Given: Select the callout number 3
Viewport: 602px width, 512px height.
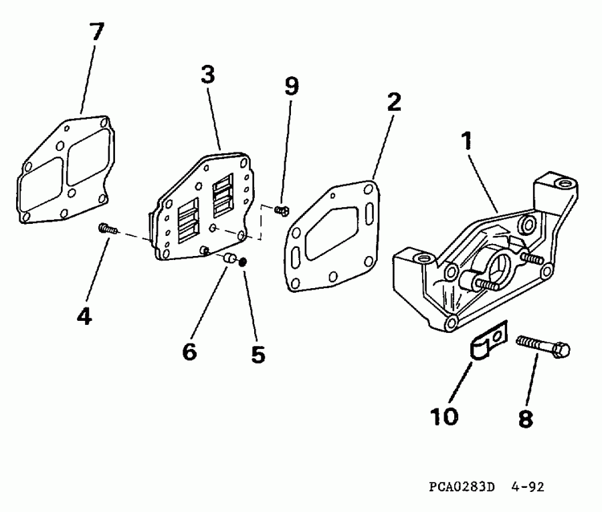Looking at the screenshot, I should pyautogui.click(x=207, y=75).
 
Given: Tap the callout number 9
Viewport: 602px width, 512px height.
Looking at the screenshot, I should pyautogui.click(x=291, y=86).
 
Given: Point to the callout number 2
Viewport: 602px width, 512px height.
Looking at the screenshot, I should pyautogui.click(x=393, y=102).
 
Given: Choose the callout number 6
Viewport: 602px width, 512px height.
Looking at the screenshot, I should pyautogui.click(x=189, y=351).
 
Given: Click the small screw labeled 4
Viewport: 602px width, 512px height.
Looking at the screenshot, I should pyautogui.click(x=108, y=229).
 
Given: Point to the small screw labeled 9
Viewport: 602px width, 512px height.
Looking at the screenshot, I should pyautogui.click(x=282, y=211).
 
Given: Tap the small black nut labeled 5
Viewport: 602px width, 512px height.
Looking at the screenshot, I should pyautogui.click(x=243, y=261).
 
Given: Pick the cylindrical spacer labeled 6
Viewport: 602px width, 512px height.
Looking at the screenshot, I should pyautogui.click(x=229, y=259).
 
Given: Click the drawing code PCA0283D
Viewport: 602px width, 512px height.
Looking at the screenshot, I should pyautogui.click(x=461, y=487).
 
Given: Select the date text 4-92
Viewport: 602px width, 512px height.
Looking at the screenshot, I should pyautogui.click(x=529, y=487).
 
